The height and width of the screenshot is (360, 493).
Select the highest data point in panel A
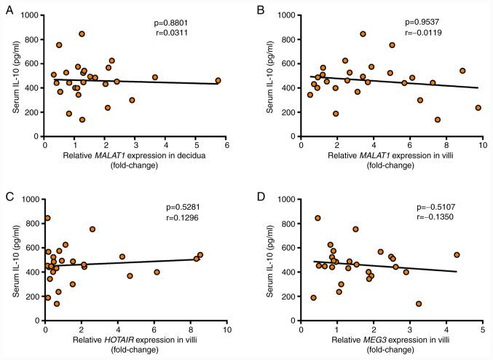pyautogui.click(x=82, y=34)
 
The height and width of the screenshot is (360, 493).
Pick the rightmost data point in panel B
pyautogui.click(x=478, y=108)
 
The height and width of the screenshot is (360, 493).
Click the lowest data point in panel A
pyautogui.click(x=82, y=120)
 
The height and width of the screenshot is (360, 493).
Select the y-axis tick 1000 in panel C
pyautogui.click(x=31, y=200)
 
